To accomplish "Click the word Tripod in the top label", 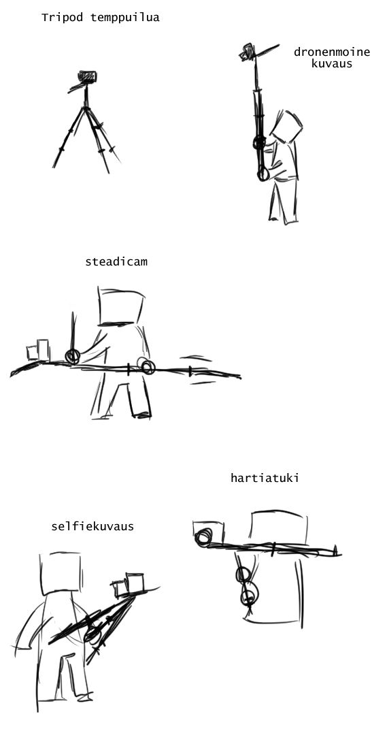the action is point(62,18).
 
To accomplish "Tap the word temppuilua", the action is point(124,18).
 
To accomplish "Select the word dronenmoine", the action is point(331,52).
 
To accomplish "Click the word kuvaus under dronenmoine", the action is point(332,63).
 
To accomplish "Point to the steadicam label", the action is point(116,261).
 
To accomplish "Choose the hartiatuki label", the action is point(265,477).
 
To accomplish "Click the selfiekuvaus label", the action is point(92,526).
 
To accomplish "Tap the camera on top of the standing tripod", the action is point(87,77).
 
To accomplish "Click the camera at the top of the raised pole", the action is point(248,52).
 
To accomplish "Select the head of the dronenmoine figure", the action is point(286,127).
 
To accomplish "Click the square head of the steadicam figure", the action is point(121,306).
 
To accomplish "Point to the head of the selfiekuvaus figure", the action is point(61,573).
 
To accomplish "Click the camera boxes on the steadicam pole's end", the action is point(38,351).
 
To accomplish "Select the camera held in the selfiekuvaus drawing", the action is point(128,585).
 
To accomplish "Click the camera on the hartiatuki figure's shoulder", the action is point(207,534).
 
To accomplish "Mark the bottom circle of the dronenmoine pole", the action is point(263,175).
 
